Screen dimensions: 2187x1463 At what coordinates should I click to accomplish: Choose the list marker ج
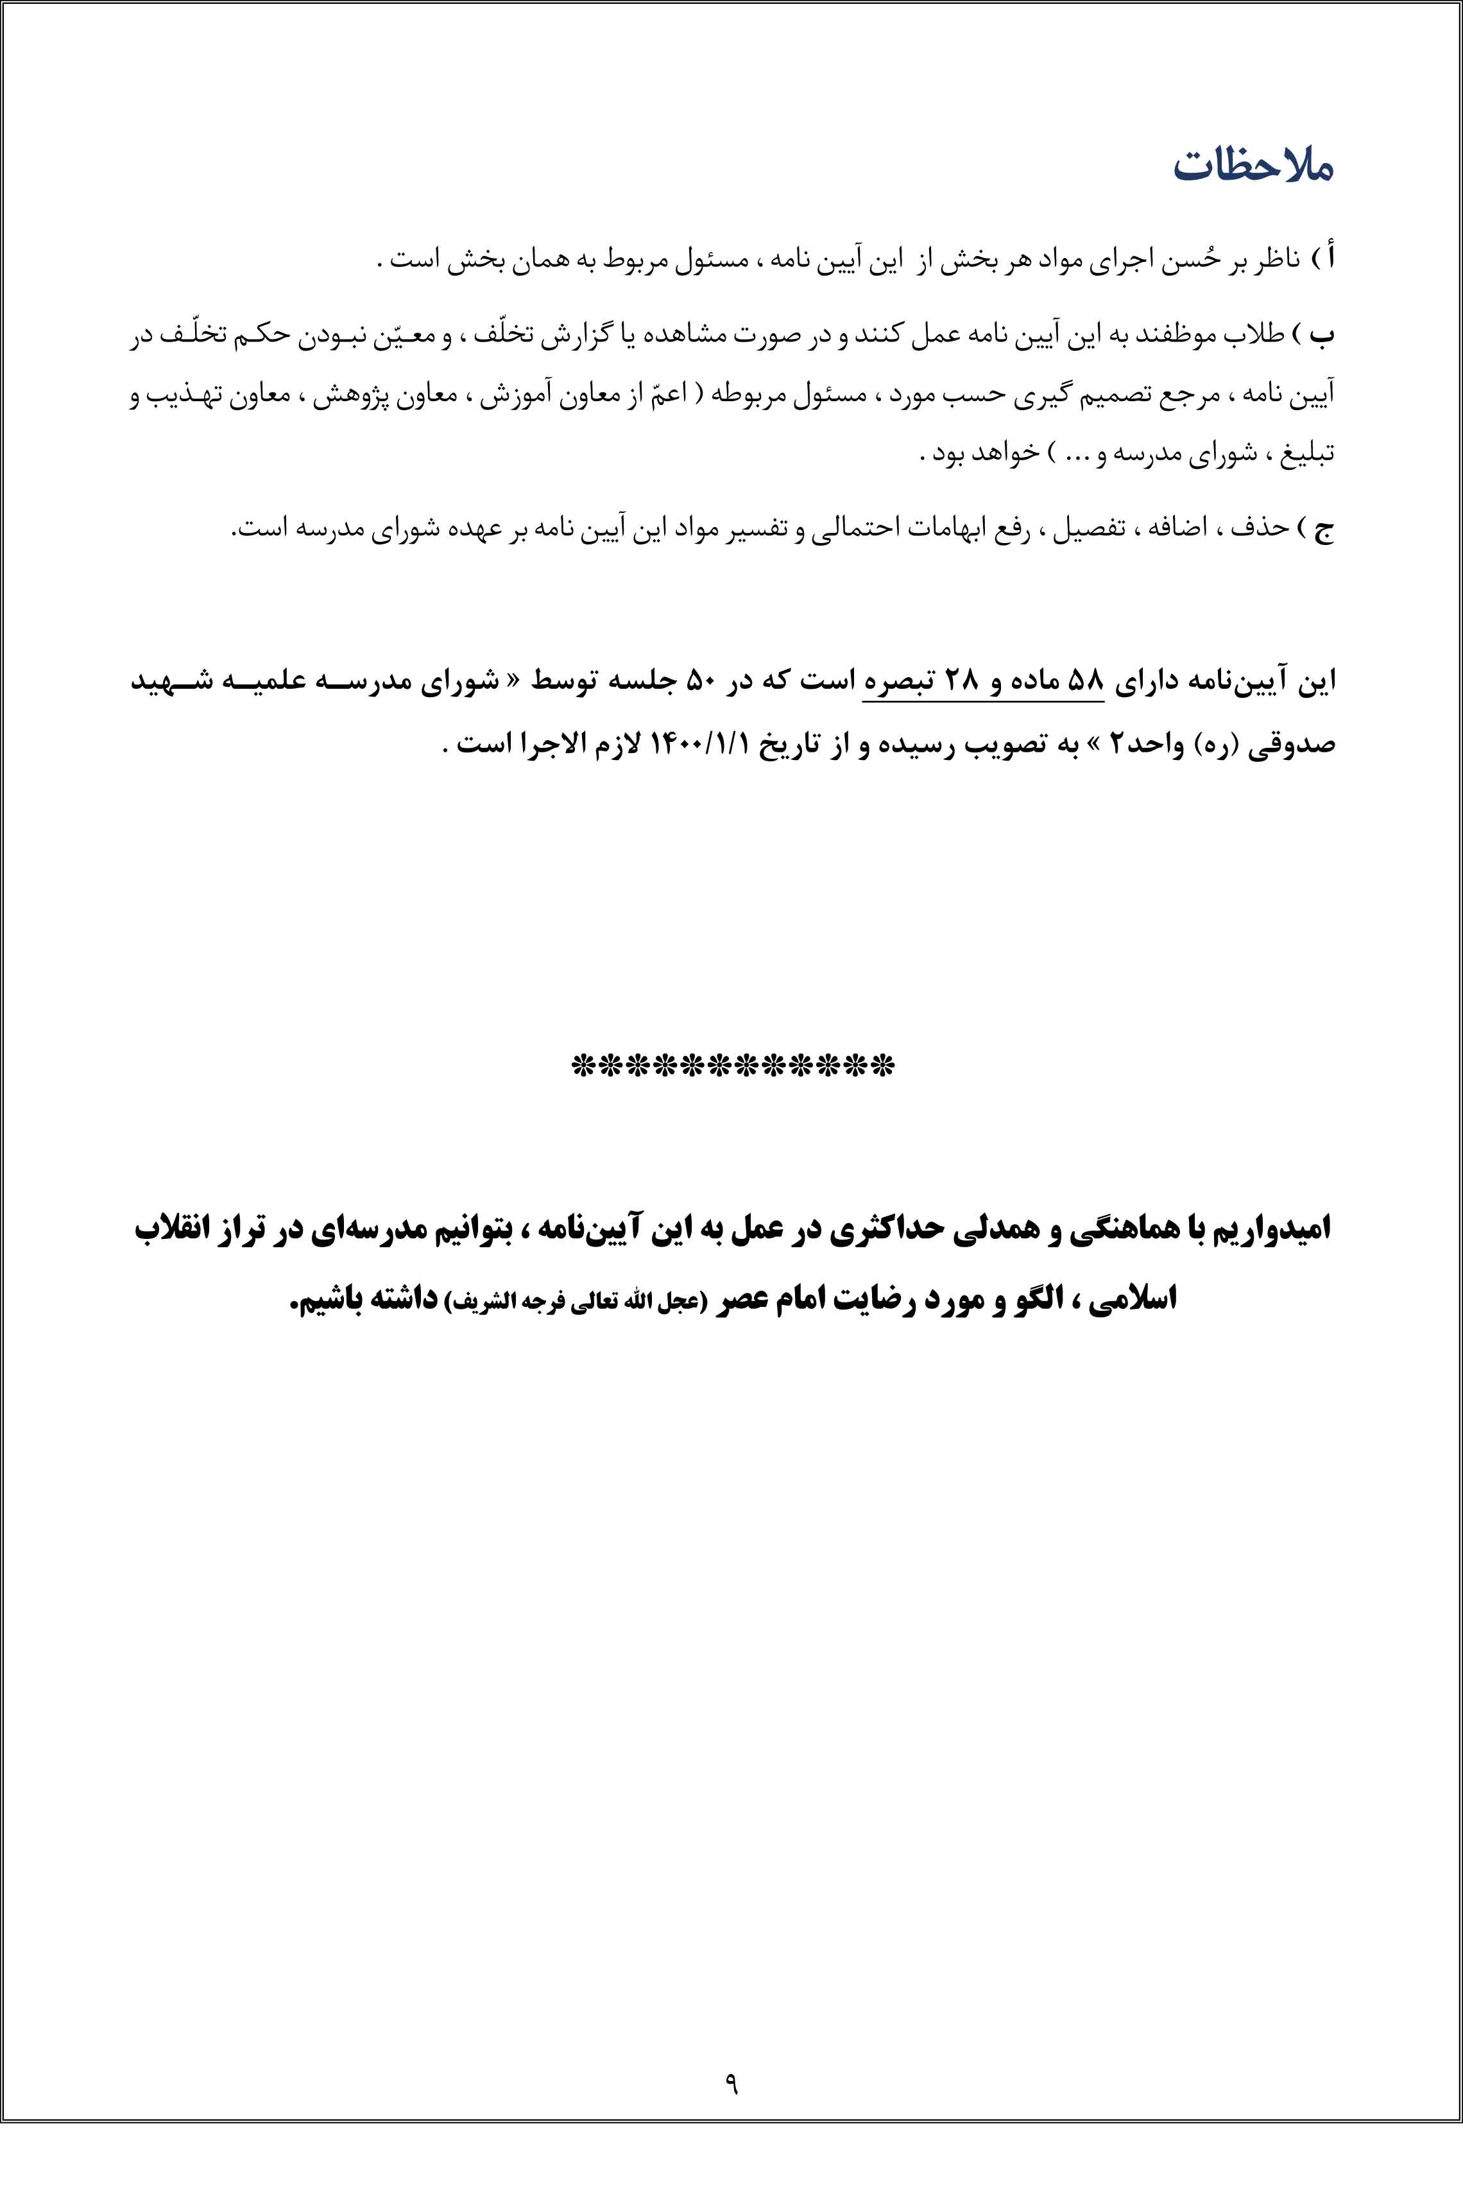[1325, 529]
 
